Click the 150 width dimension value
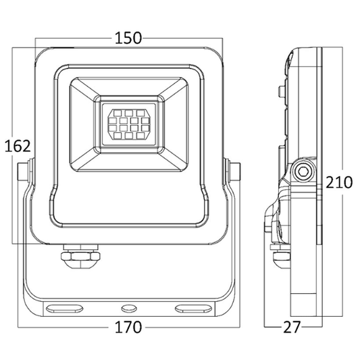pos(128,38)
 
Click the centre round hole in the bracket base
pos(126,308)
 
